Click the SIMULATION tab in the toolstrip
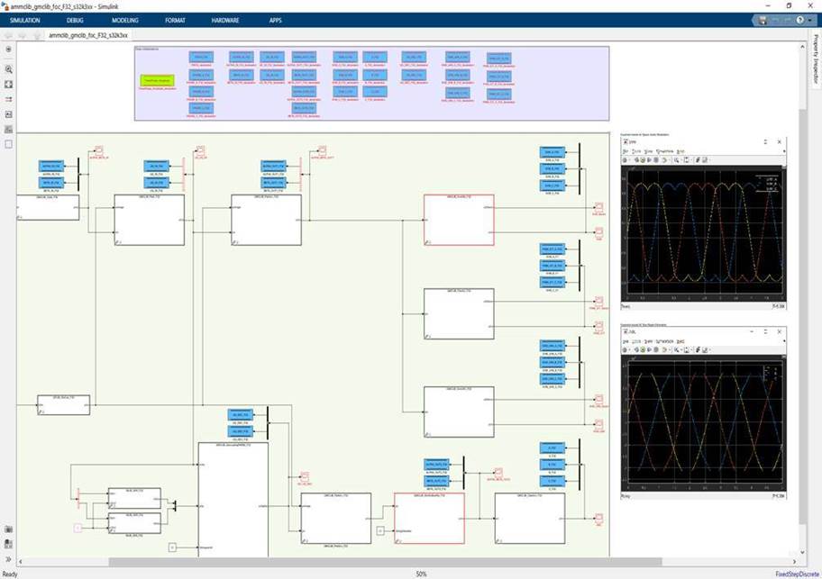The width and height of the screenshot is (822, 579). (x=25, y=20)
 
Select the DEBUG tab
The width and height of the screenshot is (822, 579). (x=75, y=20)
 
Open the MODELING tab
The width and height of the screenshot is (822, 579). (x=125, y=20)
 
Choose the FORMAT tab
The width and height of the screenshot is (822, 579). (x=175, y=20)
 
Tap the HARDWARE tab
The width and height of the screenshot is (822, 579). (x=225, y=20)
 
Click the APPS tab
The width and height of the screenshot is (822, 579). (x=275, y=20)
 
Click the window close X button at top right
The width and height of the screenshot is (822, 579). (x=808, y=5)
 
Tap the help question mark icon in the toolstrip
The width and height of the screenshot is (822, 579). (x=799, y=20)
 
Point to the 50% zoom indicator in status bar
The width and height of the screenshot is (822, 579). (x=421, y=574)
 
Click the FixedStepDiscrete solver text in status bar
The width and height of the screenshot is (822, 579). (x=796, y=574)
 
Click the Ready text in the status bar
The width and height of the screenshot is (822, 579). (x=10, y=574)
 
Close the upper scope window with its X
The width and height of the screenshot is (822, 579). (x=780, y=142)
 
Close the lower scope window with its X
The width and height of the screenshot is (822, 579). (x=780, y=332)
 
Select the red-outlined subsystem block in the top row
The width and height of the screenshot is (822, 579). (x=459, y=220)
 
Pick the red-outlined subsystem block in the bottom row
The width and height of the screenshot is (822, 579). (x=429, y=518)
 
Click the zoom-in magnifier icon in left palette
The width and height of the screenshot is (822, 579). (x=9, y=68)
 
